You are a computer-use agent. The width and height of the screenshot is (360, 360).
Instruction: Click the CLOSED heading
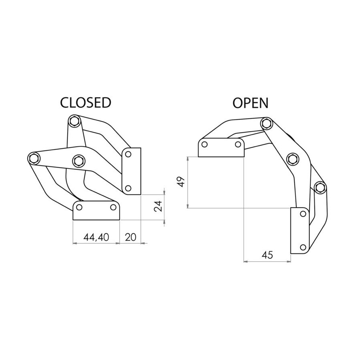(x=86, y=103)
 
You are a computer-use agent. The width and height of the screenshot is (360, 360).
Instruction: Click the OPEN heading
(x=250, y=103)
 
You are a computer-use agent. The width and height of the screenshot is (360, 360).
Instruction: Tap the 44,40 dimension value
(x=96, y=237)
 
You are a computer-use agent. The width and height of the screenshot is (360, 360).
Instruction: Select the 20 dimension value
(x=131, y=237)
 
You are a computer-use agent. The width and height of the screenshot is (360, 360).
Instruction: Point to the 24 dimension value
(x=158, y=206)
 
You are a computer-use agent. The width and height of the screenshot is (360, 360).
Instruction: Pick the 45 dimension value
(x=267, y=255)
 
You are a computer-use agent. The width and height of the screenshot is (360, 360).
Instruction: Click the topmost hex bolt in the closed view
(x=74, y=121)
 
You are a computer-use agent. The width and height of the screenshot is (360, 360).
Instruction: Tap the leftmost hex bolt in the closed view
(x=34, y=158)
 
